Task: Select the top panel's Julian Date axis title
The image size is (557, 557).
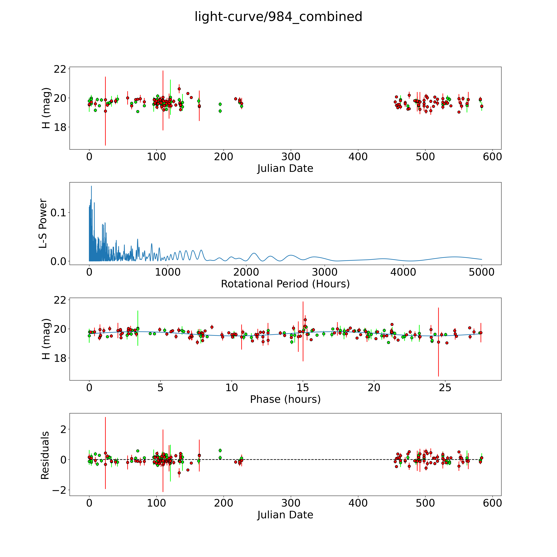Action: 285,168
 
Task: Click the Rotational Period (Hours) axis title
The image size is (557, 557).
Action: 285,284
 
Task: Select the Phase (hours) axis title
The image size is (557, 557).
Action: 285,399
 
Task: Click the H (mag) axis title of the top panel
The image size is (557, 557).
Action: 46,108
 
